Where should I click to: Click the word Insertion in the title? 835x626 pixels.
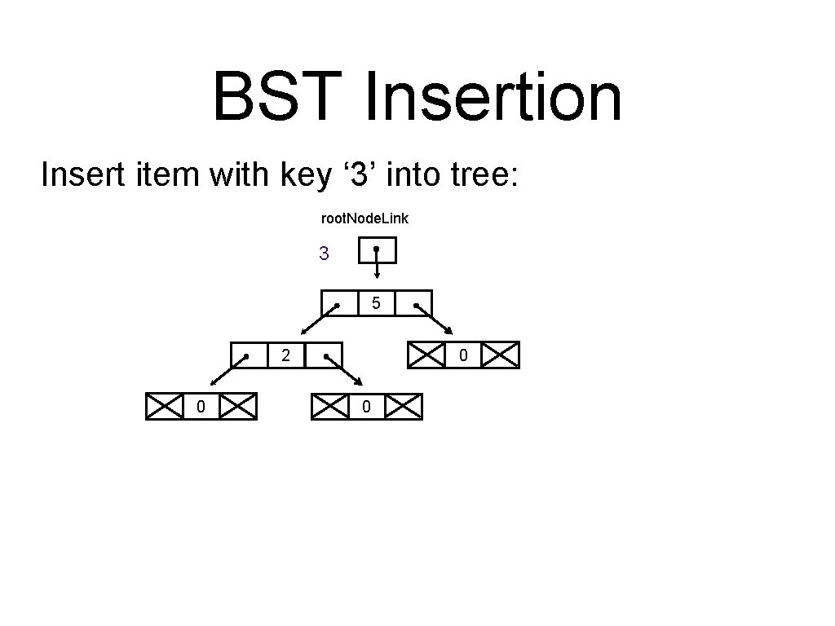pyautogui.click(x=493, y=96)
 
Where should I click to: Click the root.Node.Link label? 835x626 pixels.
pyautogui.click(x=364, y=218)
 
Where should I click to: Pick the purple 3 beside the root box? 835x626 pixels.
pyautogui.click(x=324, y=254)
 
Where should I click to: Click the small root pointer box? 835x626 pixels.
pyautogui.click(x=377, y=250)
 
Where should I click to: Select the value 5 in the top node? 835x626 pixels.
pyautogui.click(x=376, y=303)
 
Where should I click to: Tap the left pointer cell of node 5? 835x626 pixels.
pyautogui.click(x=339, y=303)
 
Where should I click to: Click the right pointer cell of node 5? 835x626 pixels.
pyautogui.click(x=413, y=303)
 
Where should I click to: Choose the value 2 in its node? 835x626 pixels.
pyautogui.click(x=285, y=355)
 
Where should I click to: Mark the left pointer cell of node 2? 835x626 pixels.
pyautogui.click(x=249, y=355)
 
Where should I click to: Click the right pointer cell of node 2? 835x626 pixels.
pyautogui.click(x=324, y=355)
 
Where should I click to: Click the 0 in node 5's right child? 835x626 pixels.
pyautogui.click(x=463, y=355)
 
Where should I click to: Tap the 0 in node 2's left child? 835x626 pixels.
pyautogui.click(x=201, y=407)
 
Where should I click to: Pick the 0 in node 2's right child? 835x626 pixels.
pyautogui.click(x=367, y=407)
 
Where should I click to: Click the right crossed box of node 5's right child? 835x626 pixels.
pyautogui.click(x=500, y=355)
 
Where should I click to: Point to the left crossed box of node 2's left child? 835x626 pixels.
pyautogui.click(x=165, y=407)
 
